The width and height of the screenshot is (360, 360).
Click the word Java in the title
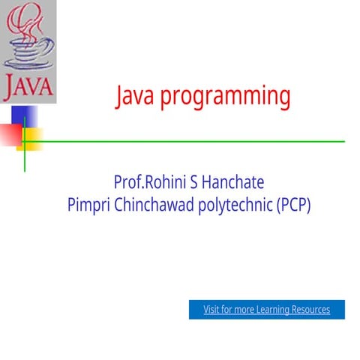pyautogui.click(x=136, y=96)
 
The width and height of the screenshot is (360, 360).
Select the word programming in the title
pyautogui.click(x=226, y=97)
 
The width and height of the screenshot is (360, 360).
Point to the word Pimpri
pyautogui.click(x=89, y=204)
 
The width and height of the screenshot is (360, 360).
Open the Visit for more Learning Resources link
pyautogui.click(x=266, y=309)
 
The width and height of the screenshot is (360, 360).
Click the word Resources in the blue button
pyautogui.click(x=310, y=309)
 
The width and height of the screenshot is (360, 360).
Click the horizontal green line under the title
pyautogui.click(x=187, y=141)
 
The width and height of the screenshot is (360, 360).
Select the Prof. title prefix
pyautogui.click(x=128, y=182)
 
